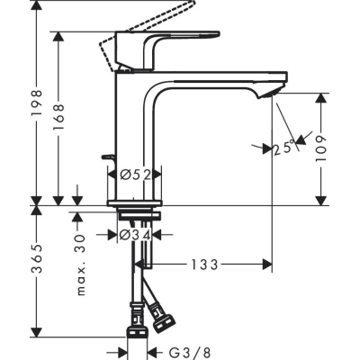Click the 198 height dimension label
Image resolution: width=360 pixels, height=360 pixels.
(37, 103)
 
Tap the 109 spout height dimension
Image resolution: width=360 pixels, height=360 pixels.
(320, 148)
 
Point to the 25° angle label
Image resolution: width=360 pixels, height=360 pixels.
(283, 147)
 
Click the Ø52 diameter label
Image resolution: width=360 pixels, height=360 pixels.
(135, 175)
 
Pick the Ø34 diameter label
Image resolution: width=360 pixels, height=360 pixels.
(135, 235)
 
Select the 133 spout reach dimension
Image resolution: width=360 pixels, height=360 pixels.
(204, 265)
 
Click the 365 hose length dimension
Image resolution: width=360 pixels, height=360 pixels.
(37, 258)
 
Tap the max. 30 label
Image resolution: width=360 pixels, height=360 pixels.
(80, 265)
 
